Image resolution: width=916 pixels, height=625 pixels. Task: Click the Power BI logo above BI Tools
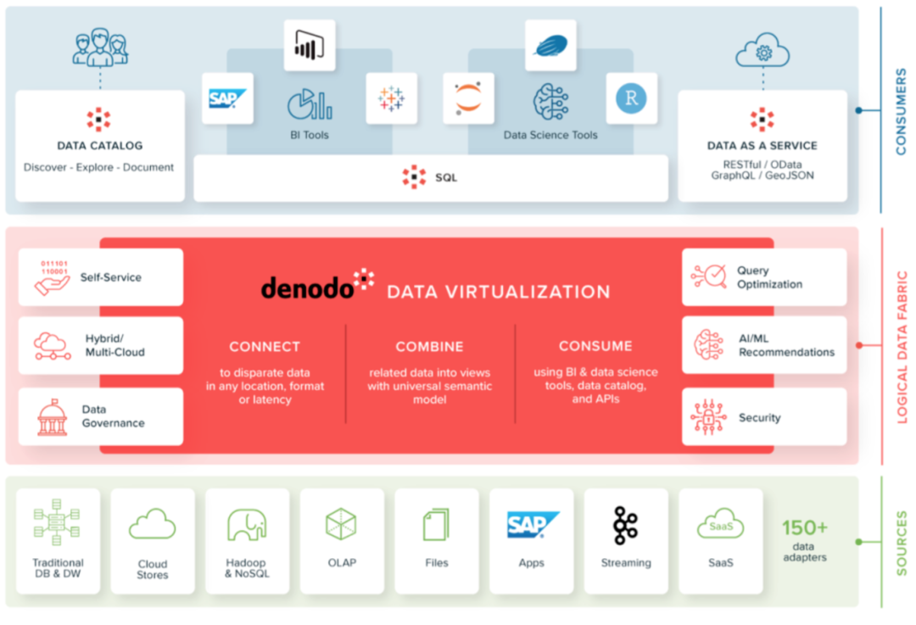click(309, 46)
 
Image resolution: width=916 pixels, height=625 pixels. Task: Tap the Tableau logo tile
click(391, 98)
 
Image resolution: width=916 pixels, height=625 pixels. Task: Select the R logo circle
click(631, 98)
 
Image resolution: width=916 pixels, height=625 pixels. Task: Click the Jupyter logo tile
click(468, 98)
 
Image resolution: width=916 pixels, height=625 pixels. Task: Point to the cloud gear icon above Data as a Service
click(762, 51)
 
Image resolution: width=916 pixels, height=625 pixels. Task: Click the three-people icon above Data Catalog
click(100, 47)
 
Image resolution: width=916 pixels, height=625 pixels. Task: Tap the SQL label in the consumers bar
click(446, 177)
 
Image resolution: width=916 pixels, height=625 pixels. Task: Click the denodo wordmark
click(307, 288)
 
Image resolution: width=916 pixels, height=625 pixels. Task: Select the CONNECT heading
click(265, 346)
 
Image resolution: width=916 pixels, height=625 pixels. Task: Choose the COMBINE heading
click(429, 346)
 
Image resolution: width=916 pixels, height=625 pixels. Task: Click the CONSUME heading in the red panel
click(595, 346)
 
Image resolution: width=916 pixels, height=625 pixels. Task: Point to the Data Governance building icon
click(52, 418)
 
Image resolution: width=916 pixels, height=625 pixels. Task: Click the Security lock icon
click(709, 418)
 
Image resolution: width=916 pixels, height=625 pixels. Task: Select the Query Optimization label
click(769, 277)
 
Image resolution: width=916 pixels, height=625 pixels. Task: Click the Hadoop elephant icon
click(247, 525)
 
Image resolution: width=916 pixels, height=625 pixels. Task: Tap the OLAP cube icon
click(341, 524)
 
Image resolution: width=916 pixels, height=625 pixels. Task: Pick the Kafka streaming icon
click(626, 525)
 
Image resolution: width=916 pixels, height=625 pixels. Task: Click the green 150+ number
click(805, 527)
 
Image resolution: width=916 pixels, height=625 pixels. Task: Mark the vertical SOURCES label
click(901, 543)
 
